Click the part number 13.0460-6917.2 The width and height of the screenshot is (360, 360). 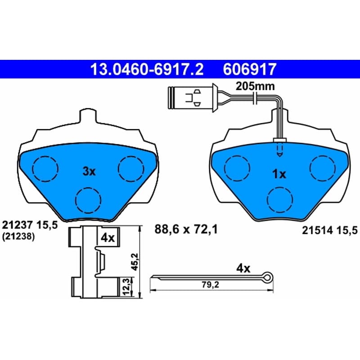tap(147, 69)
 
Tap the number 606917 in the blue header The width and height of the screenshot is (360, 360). tap(249, 69)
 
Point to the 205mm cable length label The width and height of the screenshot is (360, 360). tap(255, 86)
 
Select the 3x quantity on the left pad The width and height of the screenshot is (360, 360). tap(89, 171)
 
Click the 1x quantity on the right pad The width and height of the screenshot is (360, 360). tap(279, 174)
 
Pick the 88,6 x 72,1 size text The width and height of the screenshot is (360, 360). tap(186, 229)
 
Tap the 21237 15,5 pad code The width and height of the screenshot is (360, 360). tap(30, 225)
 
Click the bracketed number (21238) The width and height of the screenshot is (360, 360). tap(18, 237)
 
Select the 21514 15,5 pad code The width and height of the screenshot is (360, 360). tap(330, 230)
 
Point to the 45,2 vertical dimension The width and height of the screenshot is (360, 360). tap(134, 261)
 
